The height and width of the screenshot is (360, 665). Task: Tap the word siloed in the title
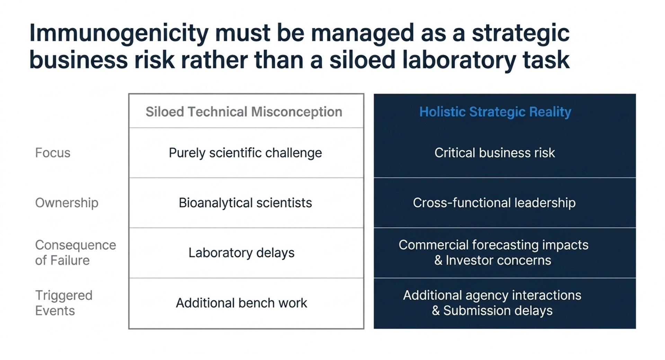(362, 60)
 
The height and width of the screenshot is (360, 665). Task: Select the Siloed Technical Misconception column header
(244, 112)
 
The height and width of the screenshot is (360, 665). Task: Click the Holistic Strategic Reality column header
(495, 112)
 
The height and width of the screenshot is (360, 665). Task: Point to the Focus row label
(53, 153)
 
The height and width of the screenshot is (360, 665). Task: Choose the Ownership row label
(67, 203)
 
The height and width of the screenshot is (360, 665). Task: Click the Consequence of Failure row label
(76, 253)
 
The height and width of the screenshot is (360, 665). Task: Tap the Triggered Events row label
(64, 303)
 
